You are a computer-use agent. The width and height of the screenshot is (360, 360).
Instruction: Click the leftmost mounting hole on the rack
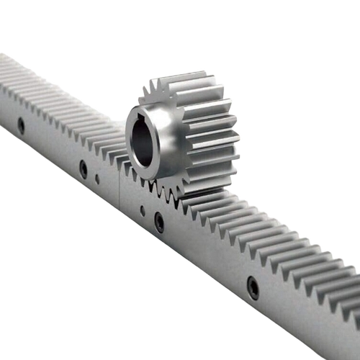(x=21, y=125)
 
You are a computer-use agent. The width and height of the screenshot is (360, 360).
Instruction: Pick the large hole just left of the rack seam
(x=84, y=170)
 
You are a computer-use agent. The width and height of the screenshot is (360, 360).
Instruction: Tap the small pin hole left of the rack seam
(x=97, y=179)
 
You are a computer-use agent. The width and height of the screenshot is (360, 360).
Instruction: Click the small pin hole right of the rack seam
(x=142, y=211)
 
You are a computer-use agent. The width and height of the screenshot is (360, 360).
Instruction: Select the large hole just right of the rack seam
(x=159, y=222)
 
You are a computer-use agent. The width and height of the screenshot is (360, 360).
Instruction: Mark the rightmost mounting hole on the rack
(x=253, y=287)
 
